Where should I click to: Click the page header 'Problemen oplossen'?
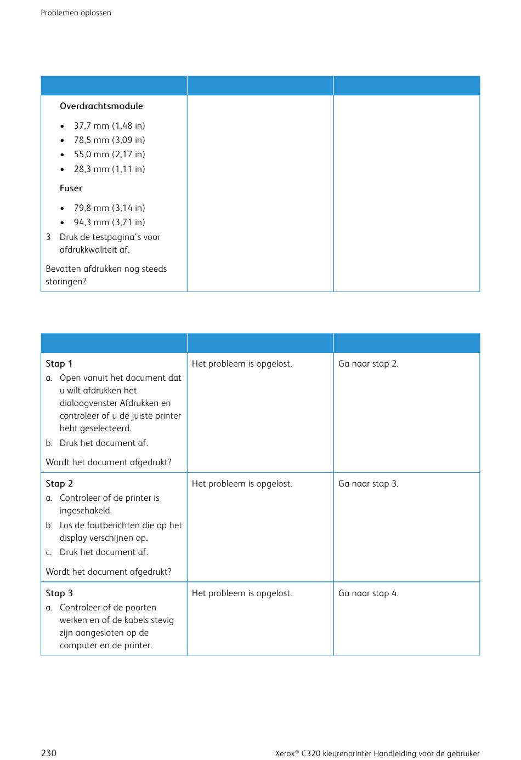pyautogui.click(x=76, y=13)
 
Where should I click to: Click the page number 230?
pyautogui.click(x=49, y=753)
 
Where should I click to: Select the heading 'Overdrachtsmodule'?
pyautogui.click(x=101, y=106)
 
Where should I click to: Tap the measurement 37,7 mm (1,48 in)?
pyautogui.click(x=109, y=126)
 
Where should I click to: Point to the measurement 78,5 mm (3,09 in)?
pyautogui.click(x=109, y=140)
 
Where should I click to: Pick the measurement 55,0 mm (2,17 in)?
pyautogui.click(x=109, y=155)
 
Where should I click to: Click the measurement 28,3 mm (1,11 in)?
pyautogui.click(x=109, y=169)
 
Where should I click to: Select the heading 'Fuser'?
pyautogui.click(x=71, y=188)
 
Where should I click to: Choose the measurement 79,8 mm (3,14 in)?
pyautogui.click(x=109, y=208)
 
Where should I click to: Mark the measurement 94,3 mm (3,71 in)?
pyautogui.click(x=109, y=222)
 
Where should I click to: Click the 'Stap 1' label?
pyautogui.click(x=59, y=364)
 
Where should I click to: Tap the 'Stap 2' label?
pyautogui.click(x=59, y=484)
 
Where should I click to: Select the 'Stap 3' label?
pyautogui.click(x=59, y=593)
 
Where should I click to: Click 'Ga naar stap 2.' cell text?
pyautogui.click(x=368, y=364)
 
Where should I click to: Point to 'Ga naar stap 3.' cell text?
pyautogui.click(x=368, y=484)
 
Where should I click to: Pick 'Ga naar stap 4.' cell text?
pyautogui.click(x=368, y=593)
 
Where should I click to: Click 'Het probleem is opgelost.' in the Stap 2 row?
pyautogui.click(x=242, y=484)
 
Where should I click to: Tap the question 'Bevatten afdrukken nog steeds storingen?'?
pyautogui.click(x=106, y=275)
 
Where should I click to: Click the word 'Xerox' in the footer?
pyautogui.click(x=285, y=754)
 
